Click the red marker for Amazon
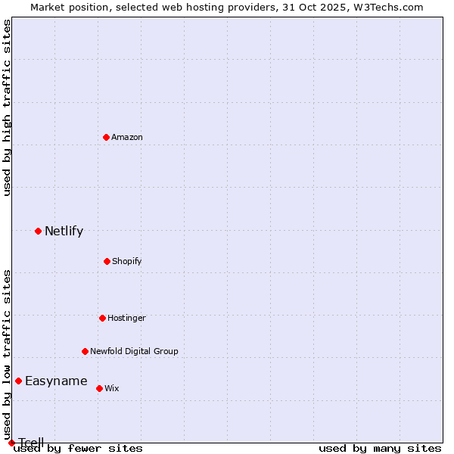pos(106,137)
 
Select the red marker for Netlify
pos(38,231)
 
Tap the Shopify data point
pos(107,261)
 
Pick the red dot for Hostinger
pos(102,318)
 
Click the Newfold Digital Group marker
pos(85,351)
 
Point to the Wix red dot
pos(99,388)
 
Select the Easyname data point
pos(18,381)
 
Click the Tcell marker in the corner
pos(11,443)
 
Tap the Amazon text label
pos(127,137)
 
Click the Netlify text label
pos(64,231)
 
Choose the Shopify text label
pos(127,261)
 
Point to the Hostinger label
pos(126,318)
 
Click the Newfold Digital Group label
pos(134,351)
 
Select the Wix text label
pos(112,388)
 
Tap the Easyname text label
pos(56,381)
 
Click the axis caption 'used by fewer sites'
pos(78,448)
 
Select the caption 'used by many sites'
pos(380,448)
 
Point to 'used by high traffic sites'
pos(7,107)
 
